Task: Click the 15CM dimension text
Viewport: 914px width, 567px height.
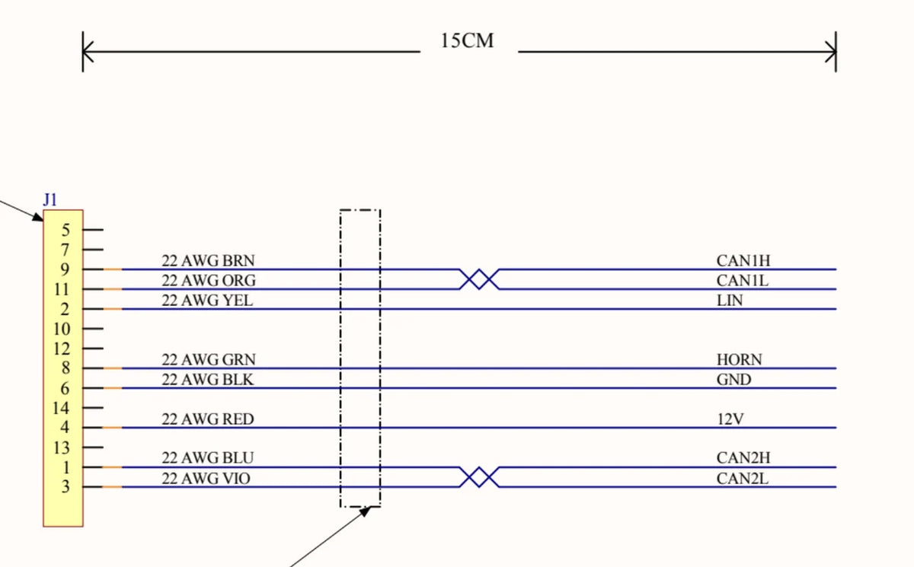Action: click(x=467, y=41)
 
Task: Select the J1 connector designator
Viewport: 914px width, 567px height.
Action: click(x=50, y=199)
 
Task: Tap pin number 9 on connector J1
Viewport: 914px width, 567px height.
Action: click(x=65, y=269)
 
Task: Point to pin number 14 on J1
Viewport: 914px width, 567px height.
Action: click(x=61, y=408)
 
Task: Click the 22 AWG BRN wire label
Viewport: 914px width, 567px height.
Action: click(x=208, y=260)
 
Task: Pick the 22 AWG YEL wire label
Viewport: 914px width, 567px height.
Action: click(x=207, y=301)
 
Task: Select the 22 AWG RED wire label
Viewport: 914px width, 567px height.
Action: click(x=208, y=419)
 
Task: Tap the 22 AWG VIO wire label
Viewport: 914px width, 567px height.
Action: click(x=206, y=479)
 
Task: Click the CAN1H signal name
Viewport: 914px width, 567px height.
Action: click(x=743, y=261)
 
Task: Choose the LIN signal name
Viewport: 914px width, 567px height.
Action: click(x=730, y=301)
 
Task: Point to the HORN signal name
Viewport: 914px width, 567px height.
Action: click(x=740, y=359)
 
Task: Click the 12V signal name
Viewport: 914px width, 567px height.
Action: click(x=730, y=419)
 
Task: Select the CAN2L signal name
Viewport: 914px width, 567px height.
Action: click(x=742, y=479)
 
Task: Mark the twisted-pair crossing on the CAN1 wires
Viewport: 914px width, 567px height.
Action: click(x=479, y=279)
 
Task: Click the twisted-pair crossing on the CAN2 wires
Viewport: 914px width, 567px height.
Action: click(x=479, y=477)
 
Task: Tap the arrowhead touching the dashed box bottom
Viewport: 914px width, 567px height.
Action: click(x=366, y=511)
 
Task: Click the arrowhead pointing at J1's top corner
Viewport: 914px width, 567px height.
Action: click(x=38, y=217)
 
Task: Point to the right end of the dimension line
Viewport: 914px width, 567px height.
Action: click(x=836, y=52)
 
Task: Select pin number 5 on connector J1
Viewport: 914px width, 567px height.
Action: click(x=66, y=231)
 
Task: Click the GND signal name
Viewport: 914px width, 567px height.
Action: click(x=733, y=380)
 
